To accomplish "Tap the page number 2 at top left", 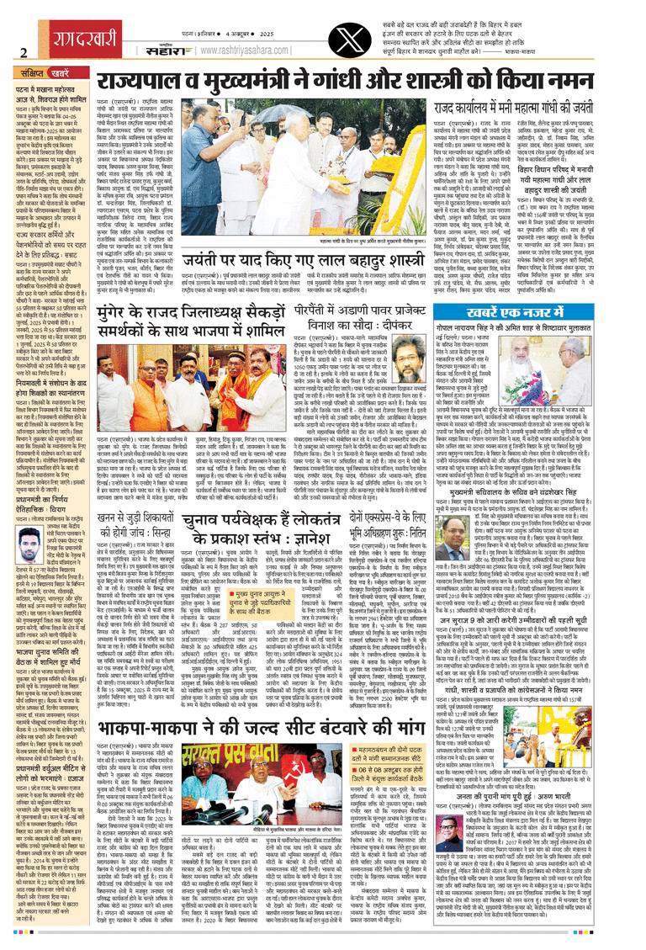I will point(23,51).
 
